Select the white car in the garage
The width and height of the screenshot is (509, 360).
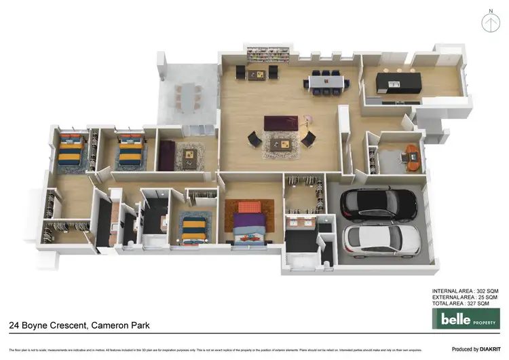click(x=372, y=238)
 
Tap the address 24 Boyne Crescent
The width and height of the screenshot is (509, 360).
click(x=48, y=325)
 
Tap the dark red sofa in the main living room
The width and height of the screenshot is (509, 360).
click(x=280, y=123)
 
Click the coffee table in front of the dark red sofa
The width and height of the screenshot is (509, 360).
click(x=281, y=143)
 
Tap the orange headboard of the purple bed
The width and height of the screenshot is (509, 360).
click(x=248, y=206)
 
